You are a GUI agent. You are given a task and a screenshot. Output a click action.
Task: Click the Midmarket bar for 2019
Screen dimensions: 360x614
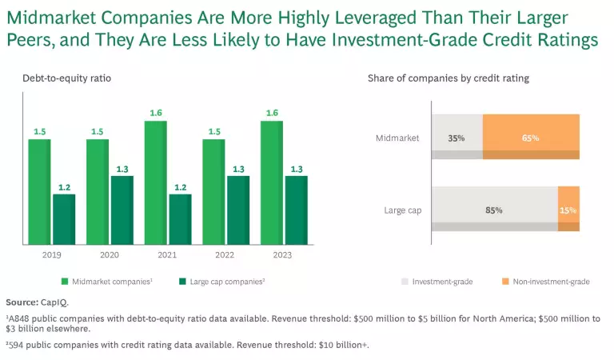coord(39,192)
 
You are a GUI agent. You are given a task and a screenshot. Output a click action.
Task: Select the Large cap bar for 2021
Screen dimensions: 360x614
coord(180,219)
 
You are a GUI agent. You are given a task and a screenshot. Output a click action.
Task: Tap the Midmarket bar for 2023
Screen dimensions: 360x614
coord(271,182)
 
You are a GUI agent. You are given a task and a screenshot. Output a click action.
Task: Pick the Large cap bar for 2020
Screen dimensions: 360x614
coord(122,210)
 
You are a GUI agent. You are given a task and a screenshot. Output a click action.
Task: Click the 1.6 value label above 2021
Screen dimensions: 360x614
coord(155,113)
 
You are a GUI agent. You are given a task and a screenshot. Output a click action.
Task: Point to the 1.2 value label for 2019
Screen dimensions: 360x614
coord(64,186)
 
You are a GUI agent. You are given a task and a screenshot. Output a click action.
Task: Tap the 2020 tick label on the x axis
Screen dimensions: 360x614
coord(110,256)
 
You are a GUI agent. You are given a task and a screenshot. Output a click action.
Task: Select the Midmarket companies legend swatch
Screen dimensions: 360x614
coord(65,282)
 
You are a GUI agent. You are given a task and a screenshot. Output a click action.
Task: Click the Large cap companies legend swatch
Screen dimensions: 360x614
coord(183,282)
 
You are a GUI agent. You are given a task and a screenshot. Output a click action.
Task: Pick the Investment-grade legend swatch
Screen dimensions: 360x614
coord(405,282)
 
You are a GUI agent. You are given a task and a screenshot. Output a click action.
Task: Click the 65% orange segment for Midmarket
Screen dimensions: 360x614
coord(531,137)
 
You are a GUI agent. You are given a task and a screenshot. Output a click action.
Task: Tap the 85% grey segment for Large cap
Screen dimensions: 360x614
coord(494,210)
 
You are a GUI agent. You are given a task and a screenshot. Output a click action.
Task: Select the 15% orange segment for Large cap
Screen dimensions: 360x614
coord(568,210)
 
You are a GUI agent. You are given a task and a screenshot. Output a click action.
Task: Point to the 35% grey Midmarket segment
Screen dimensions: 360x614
coord(457,137)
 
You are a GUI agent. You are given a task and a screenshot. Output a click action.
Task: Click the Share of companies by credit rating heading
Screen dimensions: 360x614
coord(448,78)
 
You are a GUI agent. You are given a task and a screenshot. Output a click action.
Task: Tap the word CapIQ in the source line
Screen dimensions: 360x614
coord(54,302)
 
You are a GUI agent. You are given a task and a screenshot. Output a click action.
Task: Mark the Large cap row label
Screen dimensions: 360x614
coord(403,210)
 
